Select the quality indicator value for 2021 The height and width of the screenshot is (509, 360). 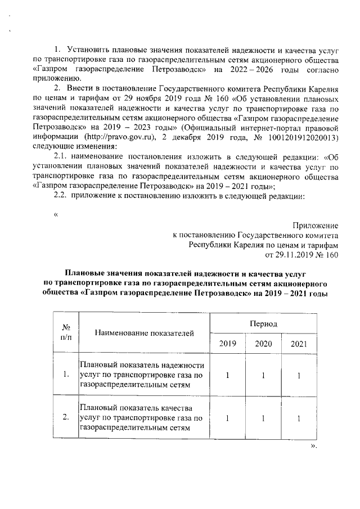[299, 418]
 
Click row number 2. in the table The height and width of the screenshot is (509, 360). [65, 417]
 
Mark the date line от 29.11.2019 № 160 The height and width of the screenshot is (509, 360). [304, 254]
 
